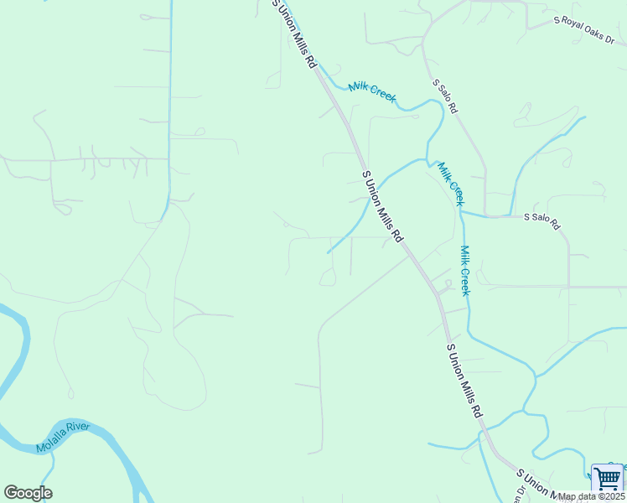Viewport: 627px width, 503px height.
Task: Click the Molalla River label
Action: click(x=67, y=438)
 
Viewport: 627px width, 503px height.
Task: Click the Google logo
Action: click(x=28, y=493)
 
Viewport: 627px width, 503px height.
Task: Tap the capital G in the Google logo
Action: click(x=11, y=493)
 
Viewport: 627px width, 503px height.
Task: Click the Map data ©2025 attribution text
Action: click(x=591, y=496)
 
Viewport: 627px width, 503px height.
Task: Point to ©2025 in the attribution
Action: click(x=610, y=496)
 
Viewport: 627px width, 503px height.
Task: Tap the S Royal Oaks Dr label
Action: click(x=583, y=30)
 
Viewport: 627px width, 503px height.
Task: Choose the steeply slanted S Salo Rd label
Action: click(x=445, y=96)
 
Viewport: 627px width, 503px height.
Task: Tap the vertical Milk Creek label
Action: click(x=464, y=270)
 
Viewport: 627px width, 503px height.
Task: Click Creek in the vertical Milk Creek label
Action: click(x=464, y=282)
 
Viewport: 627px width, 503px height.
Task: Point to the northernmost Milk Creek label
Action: click(x=371, y=92)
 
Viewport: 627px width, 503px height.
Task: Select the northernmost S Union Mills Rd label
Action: click(x=295, y=34)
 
